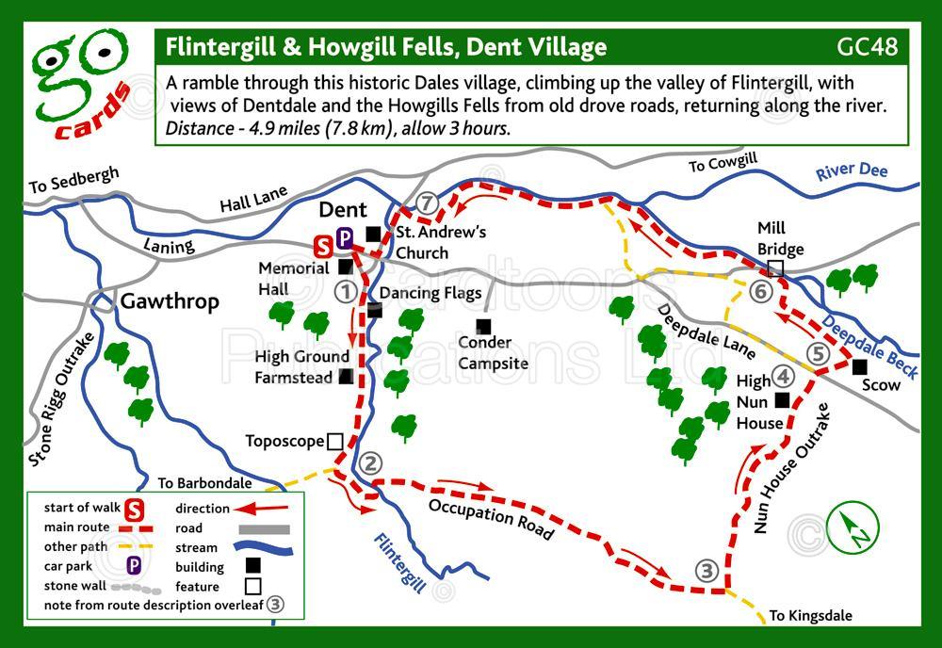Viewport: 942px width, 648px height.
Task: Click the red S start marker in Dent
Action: (x=323, y=248)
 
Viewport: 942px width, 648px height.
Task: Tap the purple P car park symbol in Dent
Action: (x=345, y=239)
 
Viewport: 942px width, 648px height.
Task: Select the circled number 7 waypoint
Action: (x=429, y=202)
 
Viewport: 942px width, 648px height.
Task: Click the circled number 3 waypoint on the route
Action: (x=706, y=571)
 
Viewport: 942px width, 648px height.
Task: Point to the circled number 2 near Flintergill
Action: (x=370, y=462)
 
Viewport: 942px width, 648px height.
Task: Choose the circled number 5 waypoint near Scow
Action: (x=818, y=353)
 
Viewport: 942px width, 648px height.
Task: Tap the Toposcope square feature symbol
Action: (x=334, y=441)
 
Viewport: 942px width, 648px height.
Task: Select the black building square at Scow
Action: (x=859, y=366)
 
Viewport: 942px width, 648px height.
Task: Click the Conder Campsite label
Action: (x=493, y=353)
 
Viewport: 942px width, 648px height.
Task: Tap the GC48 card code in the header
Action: (x=866, y=46)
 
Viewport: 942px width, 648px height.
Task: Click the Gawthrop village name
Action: (x=170, y=301)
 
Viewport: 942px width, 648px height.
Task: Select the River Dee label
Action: (x=852, y=170)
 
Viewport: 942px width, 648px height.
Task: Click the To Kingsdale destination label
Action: (x=810, y=616)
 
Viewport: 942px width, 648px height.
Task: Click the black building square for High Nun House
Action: (x=781, y=399)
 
